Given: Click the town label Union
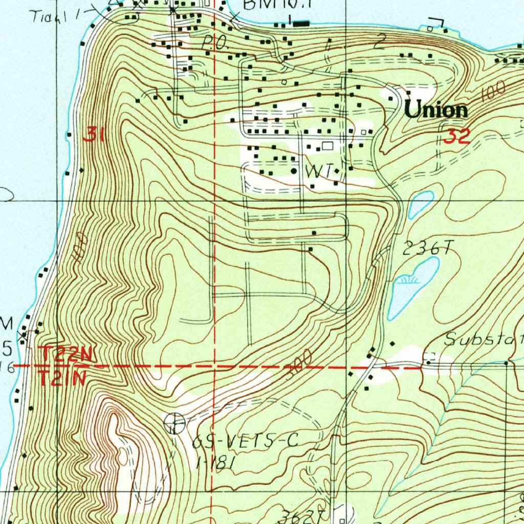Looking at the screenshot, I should pyautogui.click(x=435, y=110).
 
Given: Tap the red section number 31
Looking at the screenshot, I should pyautogui.click(x=94, y=135).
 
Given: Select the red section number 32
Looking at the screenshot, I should pyautogui.click(x=456, y=137).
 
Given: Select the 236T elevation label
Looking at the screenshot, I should pyautogui.click(x=428, y=249).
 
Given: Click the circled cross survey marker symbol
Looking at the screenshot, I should pyautogui.click(x=174, y=423).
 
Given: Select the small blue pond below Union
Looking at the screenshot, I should pyautogui.click(x=421, y=204).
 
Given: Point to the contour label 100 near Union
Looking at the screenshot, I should pyautogui.click(x=493, y=91).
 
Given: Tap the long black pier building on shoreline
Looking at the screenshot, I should pyautogui.click(x=301, y=23).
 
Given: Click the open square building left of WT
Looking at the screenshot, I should pyautogui.click(x=327, y=146).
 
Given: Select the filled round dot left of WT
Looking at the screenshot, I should pyautogui.click(x=294, y=171).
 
